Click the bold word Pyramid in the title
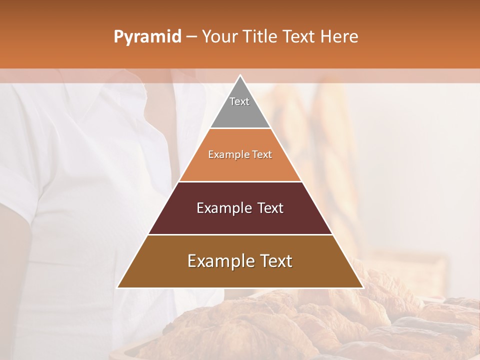click(147, 36)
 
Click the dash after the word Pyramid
click(191, 37)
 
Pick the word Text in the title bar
click(299, 36)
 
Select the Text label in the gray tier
click(239, 101)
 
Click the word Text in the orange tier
click(262, 154)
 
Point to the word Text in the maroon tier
click(270, 208)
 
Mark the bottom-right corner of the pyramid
click(362, 287)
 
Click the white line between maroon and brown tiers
click(240, 234)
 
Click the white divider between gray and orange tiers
click(240, 128)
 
